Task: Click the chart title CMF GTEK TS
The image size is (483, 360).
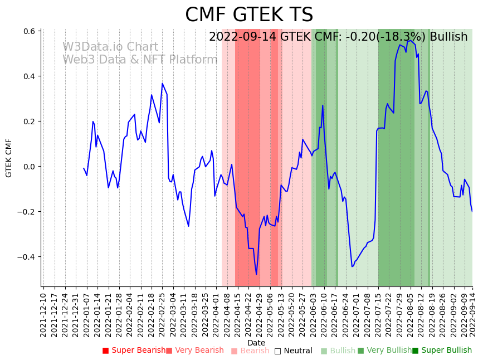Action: click(x=249, y=15)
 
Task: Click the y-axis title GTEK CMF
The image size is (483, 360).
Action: click(x=9, y=158)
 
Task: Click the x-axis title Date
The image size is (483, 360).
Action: click(x=256, y=343)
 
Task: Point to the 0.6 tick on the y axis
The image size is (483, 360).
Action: click(x=29, y=31)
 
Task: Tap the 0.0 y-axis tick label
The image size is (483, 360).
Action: click(x=29, y=167)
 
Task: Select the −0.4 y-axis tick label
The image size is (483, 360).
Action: click(x=27, y=257)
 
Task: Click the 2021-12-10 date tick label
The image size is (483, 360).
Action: click(x=44, y=313)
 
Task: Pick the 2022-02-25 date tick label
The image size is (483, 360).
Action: click(x=163, y=313)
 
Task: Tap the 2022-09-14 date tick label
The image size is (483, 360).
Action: click(x=473, y=313)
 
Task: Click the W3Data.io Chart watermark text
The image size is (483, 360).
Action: click(x=110, y=47)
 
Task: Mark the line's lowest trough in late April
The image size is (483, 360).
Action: click(x=256, y=274)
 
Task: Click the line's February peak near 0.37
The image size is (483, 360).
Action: click(x=162, y=84)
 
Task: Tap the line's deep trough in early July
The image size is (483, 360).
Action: click(x=352, y=266)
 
